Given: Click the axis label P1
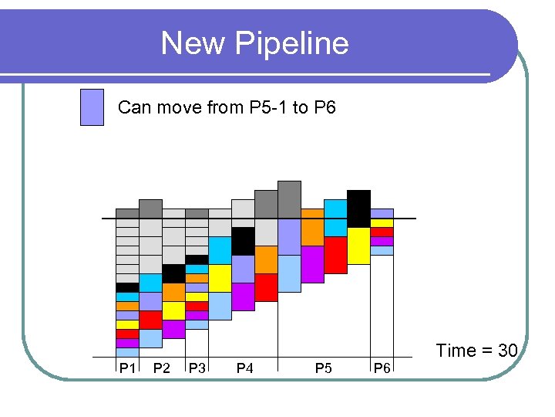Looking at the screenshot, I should (x=127, y=368).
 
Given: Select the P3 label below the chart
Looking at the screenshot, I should (x=197, y=368).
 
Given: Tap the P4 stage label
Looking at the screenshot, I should (x=244, y=368).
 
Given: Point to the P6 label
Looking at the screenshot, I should (x=382, y=368).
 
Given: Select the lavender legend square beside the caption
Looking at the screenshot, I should (x=92, y=107).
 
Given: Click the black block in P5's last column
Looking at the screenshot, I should (x=358, y=208).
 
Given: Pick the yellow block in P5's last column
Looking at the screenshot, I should (x=358, y=246).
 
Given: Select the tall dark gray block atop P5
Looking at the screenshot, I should (x=289, y=199).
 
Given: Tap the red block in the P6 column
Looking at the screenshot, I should (x=382, y=232).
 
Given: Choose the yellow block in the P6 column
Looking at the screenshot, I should (x=382, y=222).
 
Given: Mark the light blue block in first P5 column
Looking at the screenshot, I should (x=289, y=273).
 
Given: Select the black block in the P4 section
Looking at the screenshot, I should (x=243, y=241).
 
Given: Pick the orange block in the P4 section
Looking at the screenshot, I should (x=266, y=259).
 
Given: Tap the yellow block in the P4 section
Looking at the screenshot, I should (x=220, y=278).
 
